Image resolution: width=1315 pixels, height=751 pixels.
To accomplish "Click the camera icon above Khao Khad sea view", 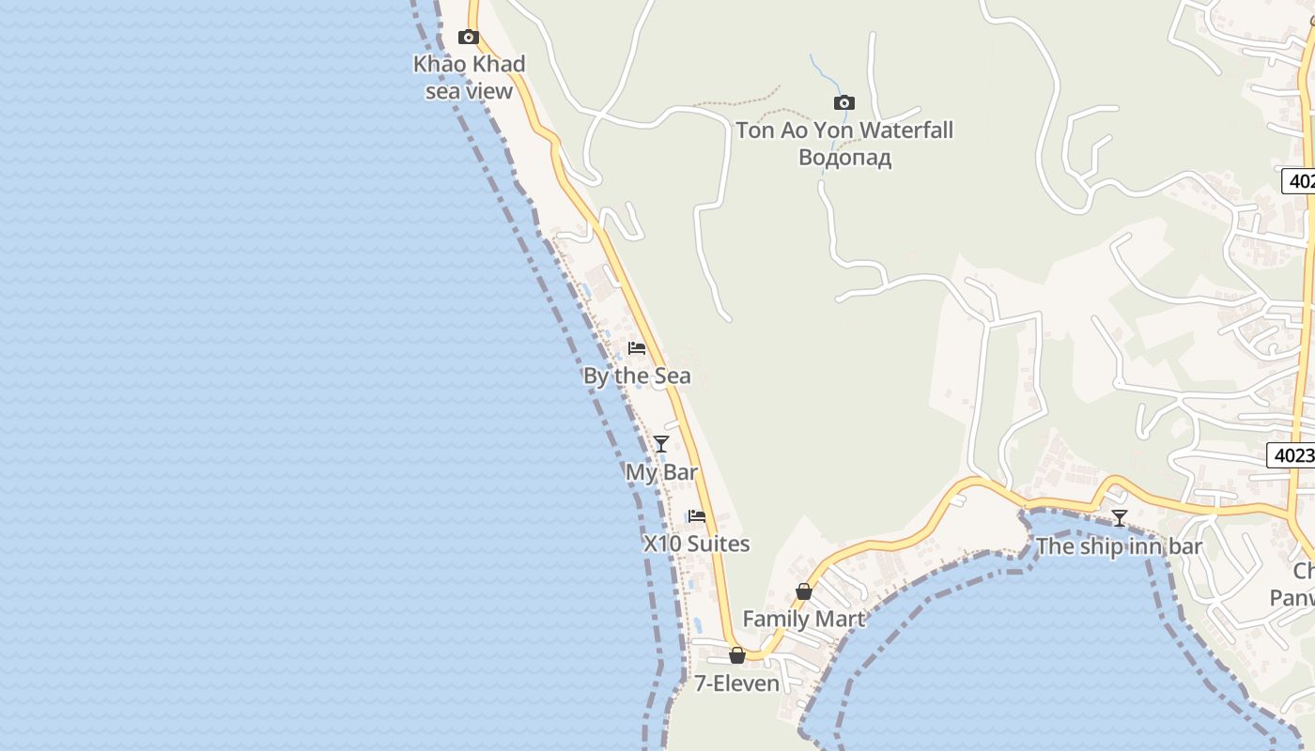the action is tap(468, 38).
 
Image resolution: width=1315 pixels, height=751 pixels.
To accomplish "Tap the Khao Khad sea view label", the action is tap(469, 77).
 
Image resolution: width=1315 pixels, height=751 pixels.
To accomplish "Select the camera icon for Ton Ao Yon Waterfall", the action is tap(843, 103).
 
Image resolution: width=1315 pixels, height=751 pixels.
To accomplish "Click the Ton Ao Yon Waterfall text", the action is tap(843, 130).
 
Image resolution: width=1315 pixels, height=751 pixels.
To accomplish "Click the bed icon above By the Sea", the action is tap(637, 349).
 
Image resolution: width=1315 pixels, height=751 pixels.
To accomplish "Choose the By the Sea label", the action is tap(636, 376).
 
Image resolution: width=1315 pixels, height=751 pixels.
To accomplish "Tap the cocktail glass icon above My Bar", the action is tap(661, 444).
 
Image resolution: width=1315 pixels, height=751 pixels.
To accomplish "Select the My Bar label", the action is tap(661, 472).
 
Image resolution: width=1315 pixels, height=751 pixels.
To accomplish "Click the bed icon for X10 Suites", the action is tap(696, 516).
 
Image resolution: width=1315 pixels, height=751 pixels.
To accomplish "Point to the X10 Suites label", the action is tap(696, 544).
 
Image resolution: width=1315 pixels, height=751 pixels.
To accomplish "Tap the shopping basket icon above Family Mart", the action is tap(804, 591).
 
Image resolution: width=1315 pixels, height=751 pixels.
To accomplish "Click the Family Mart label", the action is tap(803, 619).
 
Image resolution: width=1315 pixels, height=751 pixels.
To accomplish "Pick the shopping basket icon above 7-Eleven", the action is tap(737, 655).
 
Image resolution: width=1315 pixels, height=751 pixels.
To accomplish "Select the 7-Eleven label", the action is tap(737, 683).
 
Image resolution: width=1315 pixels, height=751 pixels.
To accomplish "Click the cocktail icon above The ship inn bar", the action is tap(1119, 518).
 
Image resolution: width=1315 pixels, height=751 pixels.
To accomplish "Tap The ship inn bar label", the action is tap(1119, 546).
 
